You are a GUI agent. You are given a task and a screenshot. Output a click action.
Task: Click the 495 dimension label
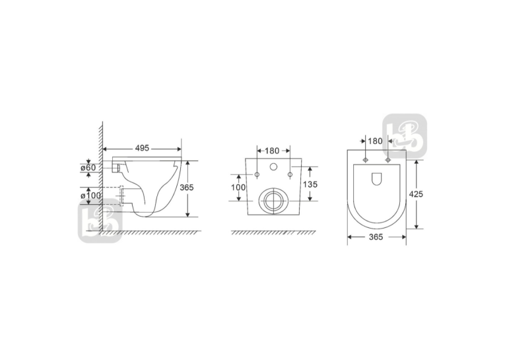(142, 148)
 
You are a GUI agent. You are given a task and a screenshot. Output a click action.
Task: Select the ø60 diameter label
(88, 168)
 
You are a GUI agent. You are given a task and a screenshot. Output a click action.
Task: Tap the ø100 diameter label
(90, 196)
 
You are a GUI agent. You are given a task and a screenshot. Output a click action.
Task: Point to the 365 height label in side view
(187, 187)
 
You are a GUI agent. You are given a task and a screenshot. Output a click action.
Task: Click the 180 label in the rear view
(272, 151)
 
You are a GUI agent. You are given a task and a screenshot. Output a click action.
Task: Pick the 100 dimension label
(238, 187)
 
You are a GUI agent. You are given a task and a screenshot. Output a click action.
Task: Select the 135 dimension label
(310, 184)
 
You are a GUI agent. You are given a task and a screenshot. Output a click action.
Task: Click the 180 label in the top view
(375, 141)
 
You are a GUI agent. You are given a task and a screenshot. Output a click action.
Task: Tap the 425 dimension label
(416, 194)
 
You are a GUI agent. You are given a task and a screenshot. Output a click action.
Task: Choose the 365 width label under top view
(376, 237)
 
